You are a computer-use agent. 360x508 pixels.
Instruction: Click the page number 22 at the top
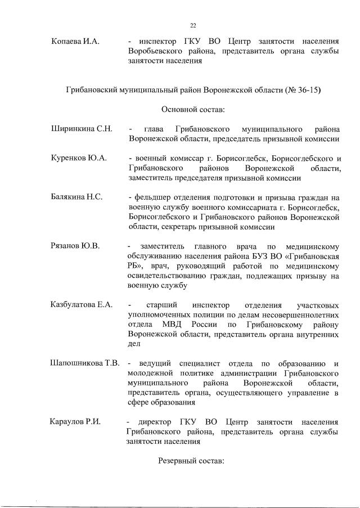193,25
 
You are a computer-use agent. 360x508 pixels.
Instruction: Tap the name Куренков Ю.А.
79,159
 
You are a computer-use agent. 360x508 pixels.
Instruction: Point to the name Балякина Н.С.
76,198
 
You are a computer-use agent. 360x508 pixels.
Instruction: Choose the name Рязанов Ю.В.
75,246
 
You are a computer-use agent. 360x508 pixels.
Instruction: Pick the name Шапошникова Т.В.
85,363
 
